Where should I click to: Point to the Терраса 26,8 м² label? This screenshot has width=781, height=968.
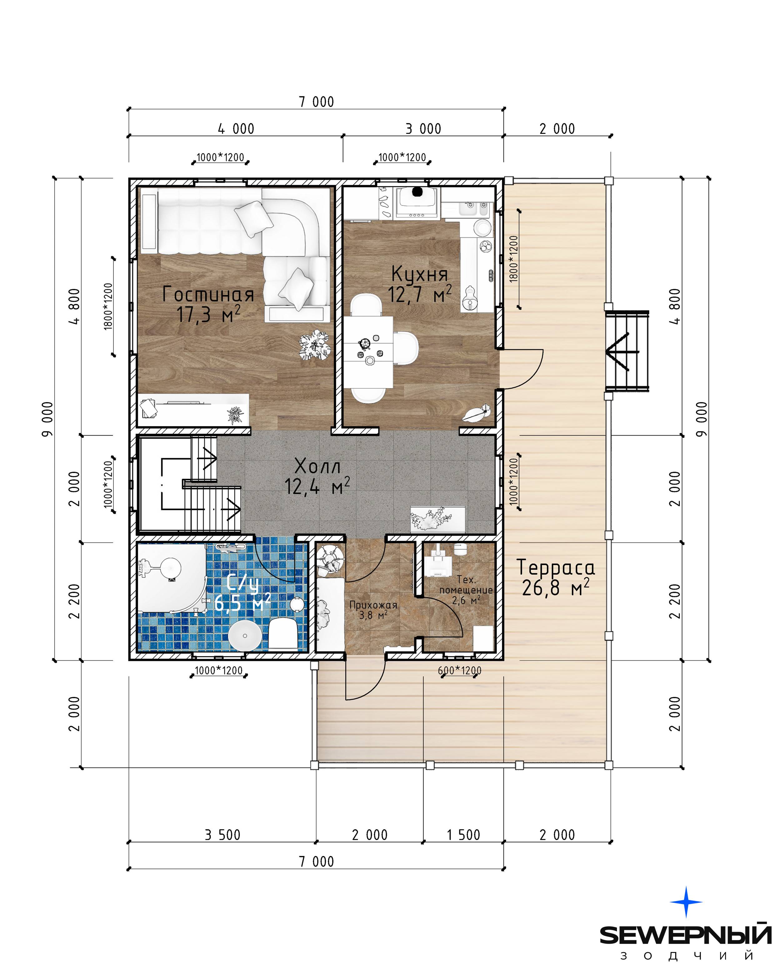[556, 578]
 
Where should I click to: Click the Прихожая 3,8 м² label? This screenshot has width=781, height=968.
[373, 610]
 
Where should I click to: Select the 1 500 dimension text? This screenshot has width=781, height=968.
[463, 835]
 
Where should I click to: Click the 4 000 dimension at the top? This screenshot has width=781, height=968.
[236, 129]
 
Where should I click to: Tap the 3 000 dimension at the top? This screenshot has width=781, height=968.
[423, 129]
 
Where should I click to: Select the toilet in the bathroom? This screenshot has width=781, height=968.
[282, 633]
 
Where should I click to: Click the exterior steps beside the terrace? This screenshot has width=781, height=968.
[628, 351]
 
